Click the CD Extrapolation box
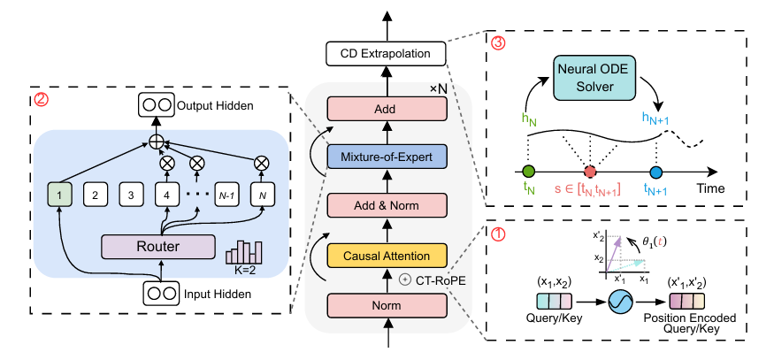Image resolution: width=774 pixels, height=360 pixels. click(386, 54)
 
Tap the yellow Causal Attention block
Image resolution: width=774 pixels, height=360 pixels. click(386, 257)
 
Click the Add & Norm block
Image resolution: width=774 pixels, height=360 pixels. click(386, 207)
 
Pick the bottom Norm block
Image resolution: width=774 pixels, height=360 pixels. click(386, 307)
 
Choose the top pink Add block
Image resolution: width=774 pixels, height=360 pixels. click(386, 109)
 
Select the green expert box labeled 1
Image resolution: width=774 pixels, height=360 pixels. click(59, 192)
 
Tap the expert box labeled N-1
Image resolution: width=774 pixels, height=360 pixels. click(228, 192)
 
